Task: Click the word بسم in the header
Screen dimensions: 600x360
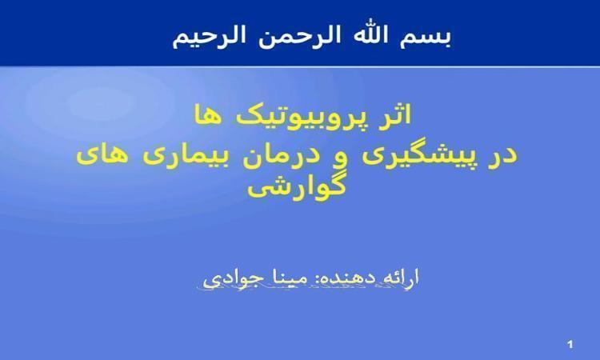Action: (x=426, y=37)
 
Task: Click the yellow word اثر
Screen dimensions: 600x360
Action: (x=394, y=114)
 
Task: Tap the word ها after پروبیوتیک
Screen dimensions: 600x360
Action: (x=209, y=114)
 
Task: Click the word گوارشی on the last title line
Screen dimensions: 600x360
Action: (x=297, y=187)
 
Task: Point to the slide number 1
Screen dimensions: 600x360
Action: (x=570, y=345)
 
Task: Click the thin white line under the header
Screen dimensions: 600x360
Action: (x=300, y=66)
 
